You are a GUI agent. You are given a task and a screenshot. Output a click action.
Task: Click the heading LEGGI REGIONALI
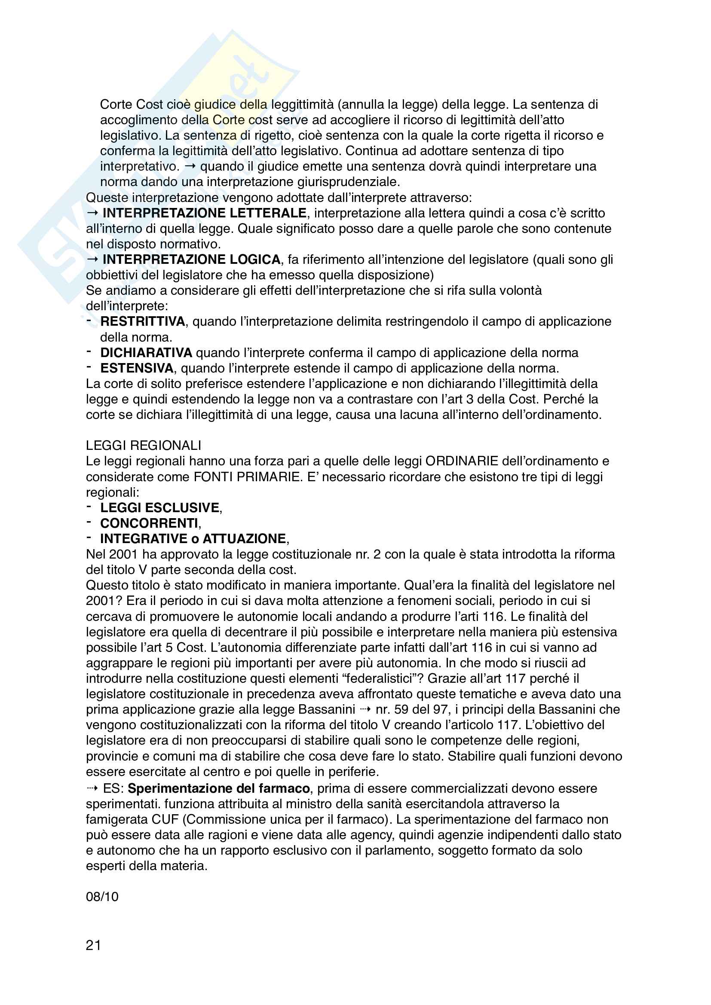pyautogui.click(x=143, y=446)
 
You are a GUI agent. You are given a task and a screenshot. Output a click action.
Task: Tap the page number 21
pyautogui.click(x=93, y=945)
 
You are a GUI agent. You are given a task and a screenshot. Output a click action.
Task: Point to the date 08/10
pyautogui.click(x=102, y=896)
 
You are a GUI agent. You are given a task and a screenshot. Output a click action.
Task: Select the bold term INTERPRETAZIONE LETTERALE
pyautogui.click(x=204, y=213)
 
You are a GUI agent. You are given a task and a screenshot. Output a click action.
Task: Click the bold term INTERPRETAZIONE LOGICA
pyautogui.click(x=191, y=260)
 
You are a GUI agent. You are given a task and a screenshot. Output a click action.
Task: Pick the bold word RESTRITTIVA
pyautogui.click(x=143, y=321)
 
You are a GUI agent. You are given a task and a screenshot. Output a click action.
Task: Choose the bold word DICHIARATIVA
pyautogui.click(x=146, y=353)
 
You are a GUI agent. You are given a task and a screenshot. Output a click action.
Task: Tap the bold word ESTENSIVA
pyautogui.click(x=137, y=368)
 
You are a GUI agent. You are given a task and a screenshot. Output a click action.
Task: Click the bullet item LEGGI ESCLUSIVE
pyautogui.click(x=160, y=508)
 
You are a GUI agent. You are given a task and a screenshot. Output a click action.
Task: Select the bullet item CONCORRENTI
pyautogui.click(x=149, y=523)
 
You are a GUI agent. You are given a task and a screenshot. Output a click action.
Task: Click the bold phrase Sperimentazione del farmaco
pyautogui.click(x=218, y=788)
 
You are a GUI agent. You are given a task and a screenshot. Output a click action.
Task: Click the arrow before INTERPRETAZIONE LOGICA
pyautogui.click(x=92, y=260)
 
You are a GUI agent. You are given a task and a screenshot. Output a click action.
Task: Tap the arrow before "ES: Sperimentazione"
pyautogui.click(x=92, y=788)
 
